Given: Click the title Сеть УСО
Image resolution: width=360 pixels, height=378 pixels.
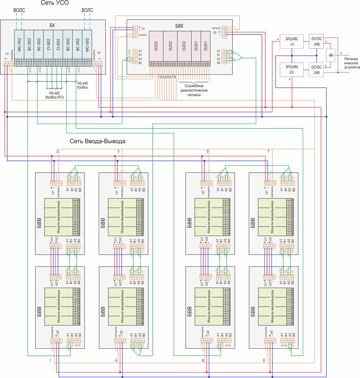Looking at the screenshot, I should point(55,4).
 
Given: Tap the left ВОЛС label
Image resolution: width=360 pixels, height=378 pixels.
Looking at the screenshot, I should point(20,9).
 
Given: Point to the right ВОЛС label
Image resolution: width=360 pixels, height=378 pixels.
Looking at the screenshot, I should point(87,9).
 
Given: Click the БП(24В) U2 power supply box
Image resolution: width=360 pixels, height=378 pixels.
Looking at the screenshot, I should point(292,69).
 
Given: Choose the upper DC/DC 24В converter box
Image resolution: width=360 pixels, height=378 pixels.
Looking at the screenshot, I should point(317,41).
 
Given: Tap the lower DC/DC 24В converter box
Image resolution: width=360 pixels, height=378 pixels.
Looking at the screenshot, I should point(317,69).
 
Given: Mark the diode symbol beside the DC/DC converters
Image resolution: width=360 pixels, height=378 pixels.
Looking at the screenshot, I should point(331,55).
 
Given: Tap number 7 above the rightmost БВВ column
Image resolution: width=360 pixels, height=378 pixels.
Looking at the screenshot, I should point(268,151).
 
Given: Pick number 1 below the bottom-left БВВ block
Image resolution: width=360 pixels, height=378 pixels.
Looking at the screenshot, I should point(50,361).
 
